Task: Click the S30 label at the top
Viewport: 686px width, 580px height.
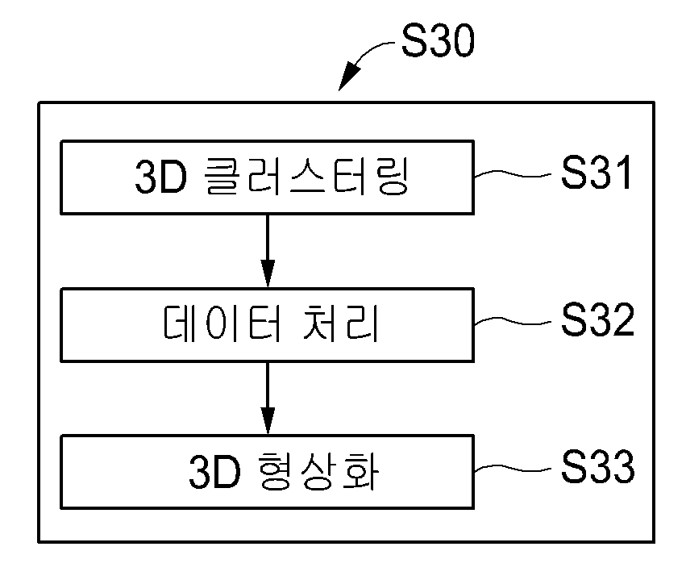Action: point(438,40)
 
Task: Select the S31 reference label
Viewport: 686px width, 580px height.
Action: point(597,173)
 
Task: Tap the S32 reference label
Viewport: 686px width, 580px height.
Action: point(597,319)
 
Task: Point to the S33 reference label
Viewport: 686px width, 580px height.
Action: point(597,466)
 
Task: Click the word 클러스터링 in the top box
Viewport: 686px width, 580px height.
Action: point(306,176)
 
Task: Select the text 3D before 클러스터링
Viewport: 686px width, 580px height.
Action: point(160,177)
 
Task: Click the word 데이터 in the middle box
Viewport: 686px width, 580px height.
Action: point(222,323)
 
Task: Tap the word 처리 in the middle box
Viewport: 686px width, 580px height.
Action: point(340,323)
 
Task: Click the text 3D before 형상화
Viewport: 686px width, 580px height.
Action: point(214,473)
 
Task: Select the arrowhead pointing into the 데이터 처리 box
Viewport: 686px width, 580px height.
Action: point(268,273)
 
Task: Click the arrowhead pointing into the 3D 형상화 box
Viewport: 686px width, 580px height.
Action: point(268,421)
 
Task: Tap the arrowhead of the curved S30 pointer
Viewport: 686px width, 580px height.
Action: point(349,77)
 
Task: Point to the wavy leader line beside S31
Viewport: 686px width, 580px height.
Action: point(513,173)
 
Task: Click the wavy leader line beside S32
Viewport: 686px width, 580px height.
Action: point(513,321)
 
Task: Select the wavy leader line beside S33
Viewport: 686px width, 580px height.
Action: point(513,469)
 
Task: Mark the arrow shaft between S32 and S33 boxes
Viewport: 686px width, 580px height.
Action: point(268,386)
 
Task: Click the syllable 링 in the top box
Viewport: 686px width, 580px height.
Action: point(392,176)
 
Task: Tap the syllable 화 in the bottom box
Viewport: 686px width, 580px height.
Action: point(362,471)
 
